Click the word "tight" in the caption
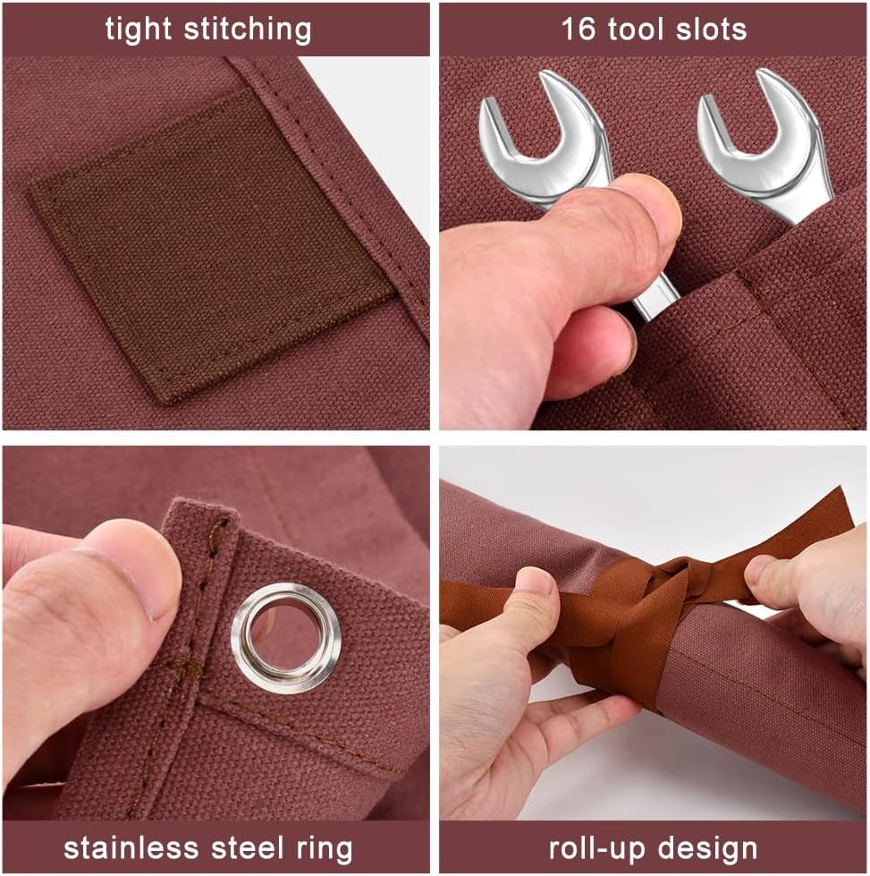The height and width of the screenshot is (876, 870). (x=139, y=30)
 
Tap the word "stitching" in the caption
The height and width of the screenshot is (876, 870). (x=248, y=30)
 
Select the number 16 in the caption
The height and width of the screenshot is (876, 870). (x=578, y=29)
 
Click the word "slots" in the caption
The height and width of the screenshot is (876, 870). (x=711, y=29)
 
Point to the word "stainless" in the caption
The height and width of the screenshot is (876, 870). (x=131, y=847)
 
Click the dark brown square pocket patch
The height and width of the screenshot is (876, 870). (x=212, y=246)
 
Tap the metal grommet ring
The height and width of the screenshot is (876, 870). (x=286, y=637)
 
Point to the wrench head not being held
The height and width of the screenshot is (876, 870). (x=765, y=145)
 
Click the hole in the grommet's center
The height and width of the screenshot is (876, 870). (x=286, y=637)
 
